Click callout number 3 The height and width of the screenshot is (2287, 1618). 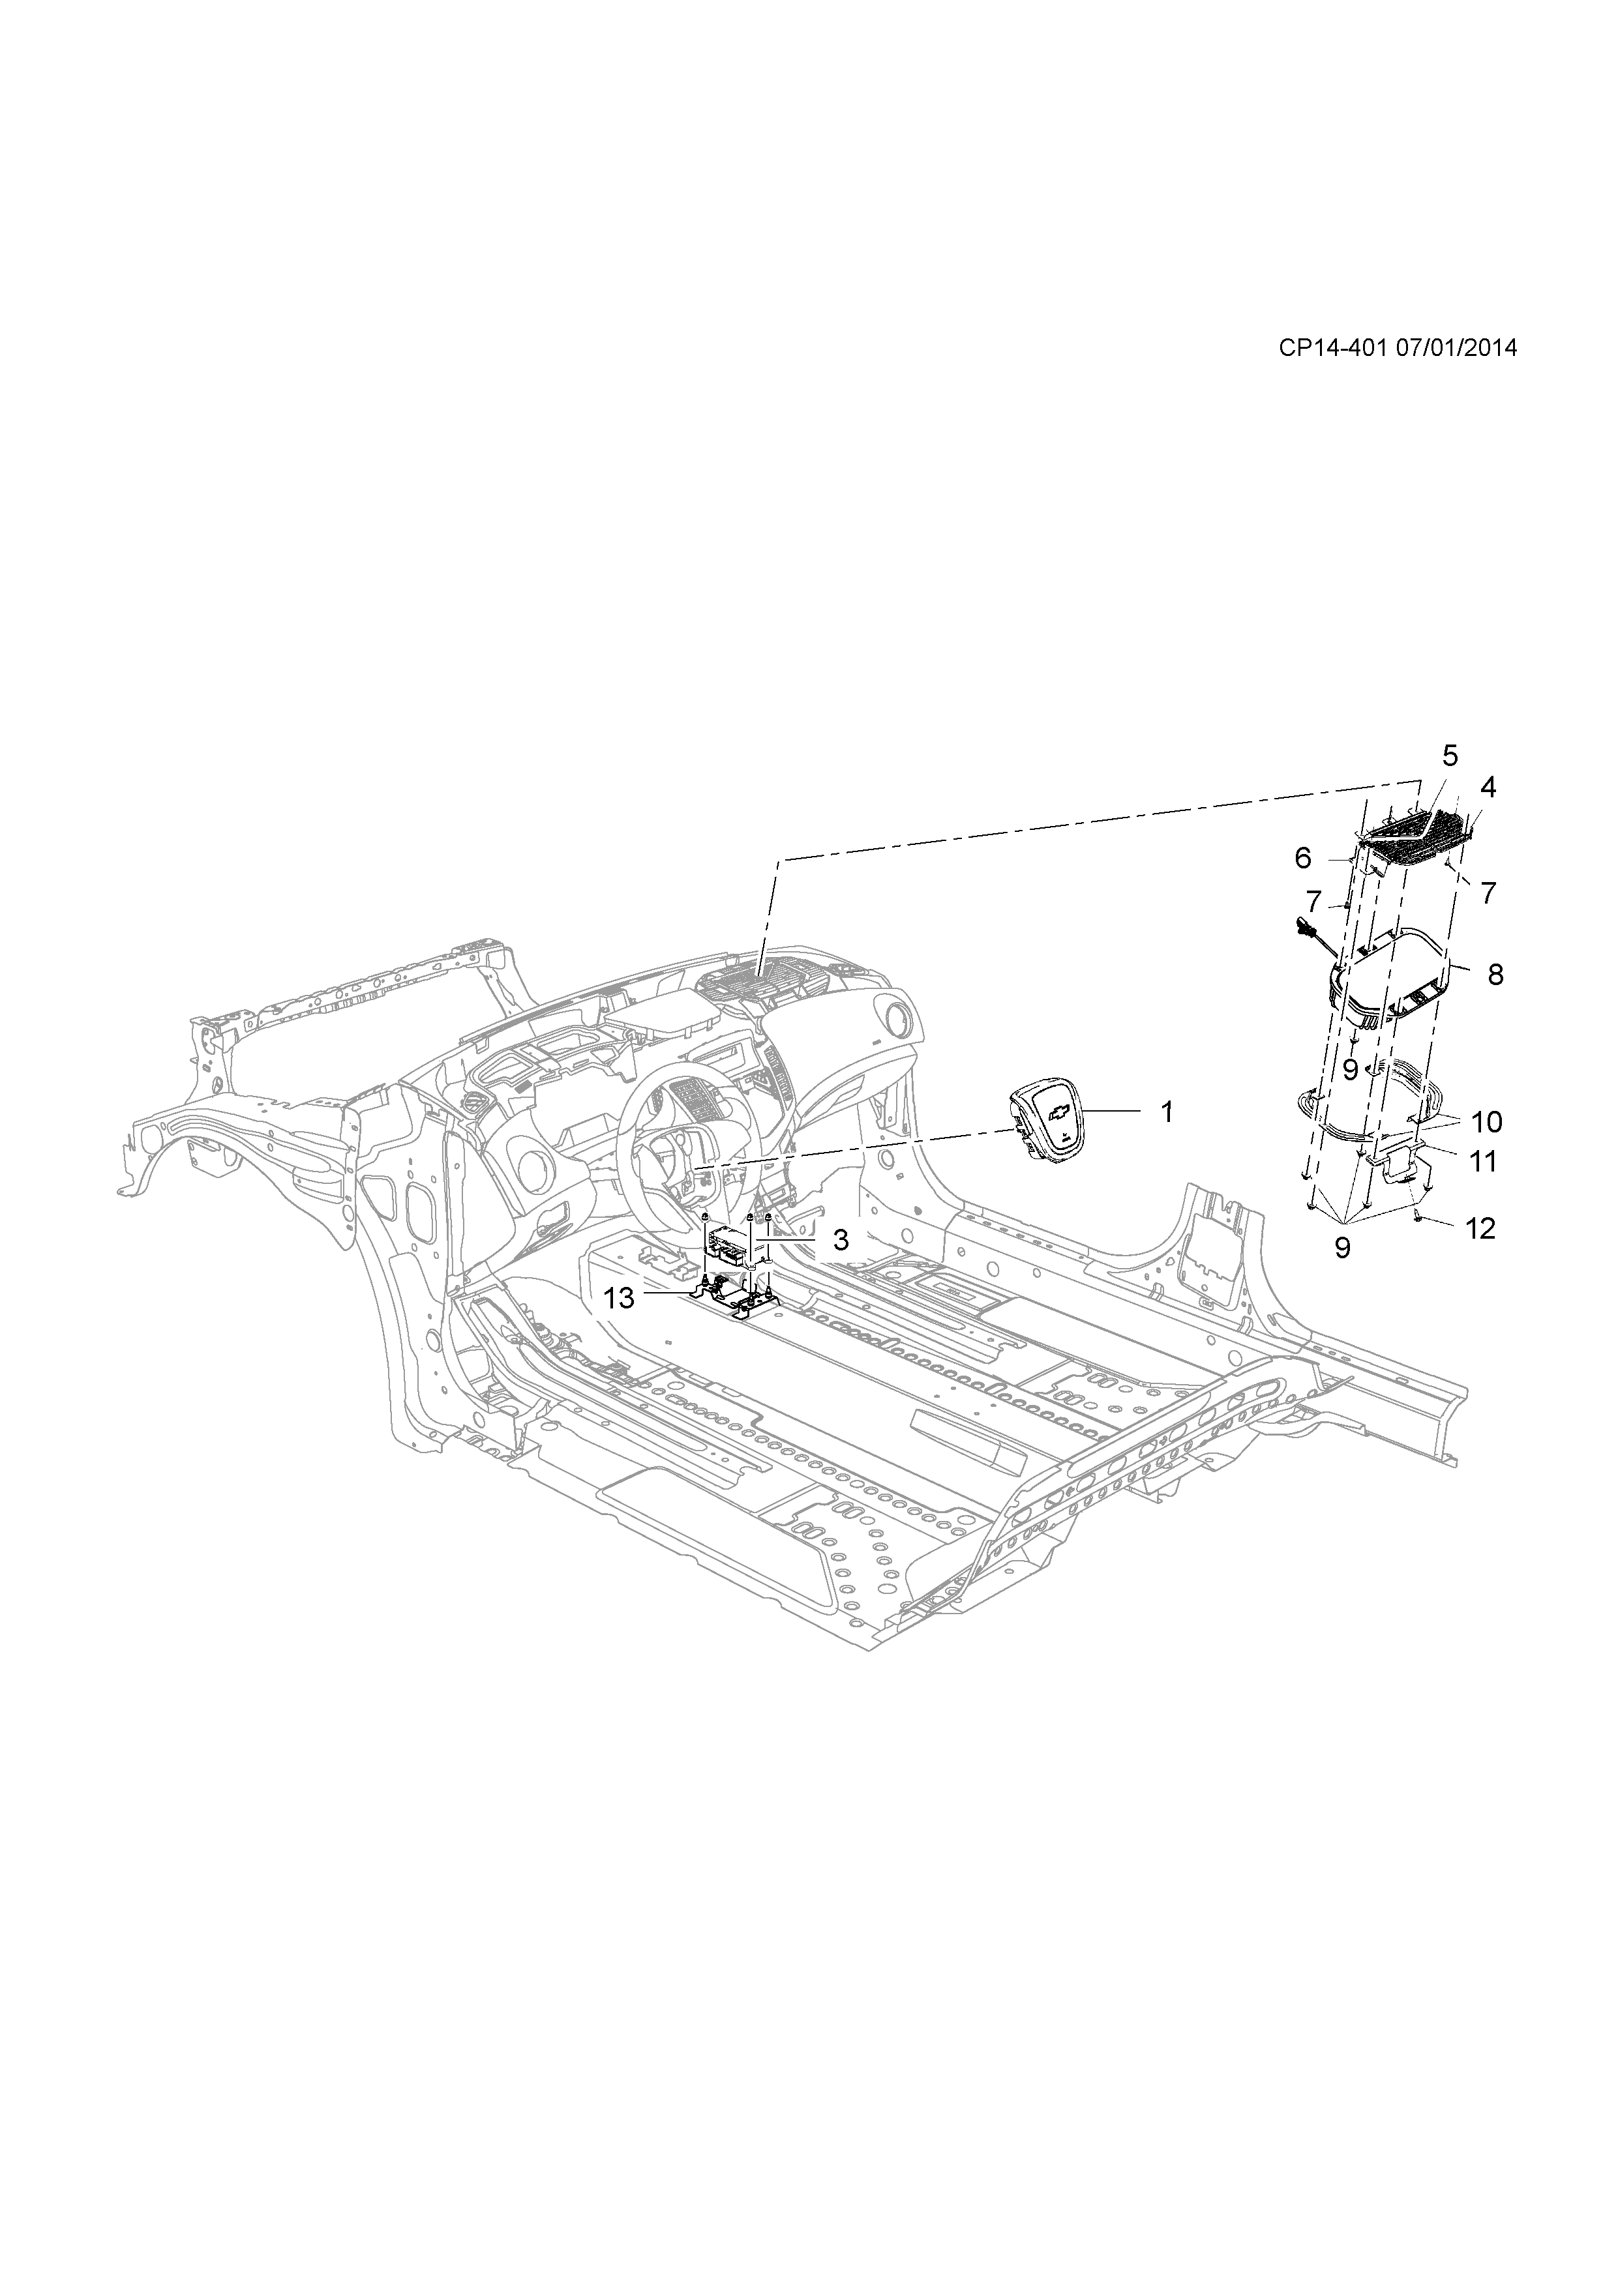click(840, 1240)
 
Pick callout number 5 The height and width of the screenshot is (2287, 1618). click(1450, 756)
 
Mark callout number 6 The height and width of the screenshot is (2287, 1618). click(1302, 857)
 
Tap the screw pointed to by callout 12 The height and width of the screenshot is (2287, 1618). click(1418, 1217)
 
